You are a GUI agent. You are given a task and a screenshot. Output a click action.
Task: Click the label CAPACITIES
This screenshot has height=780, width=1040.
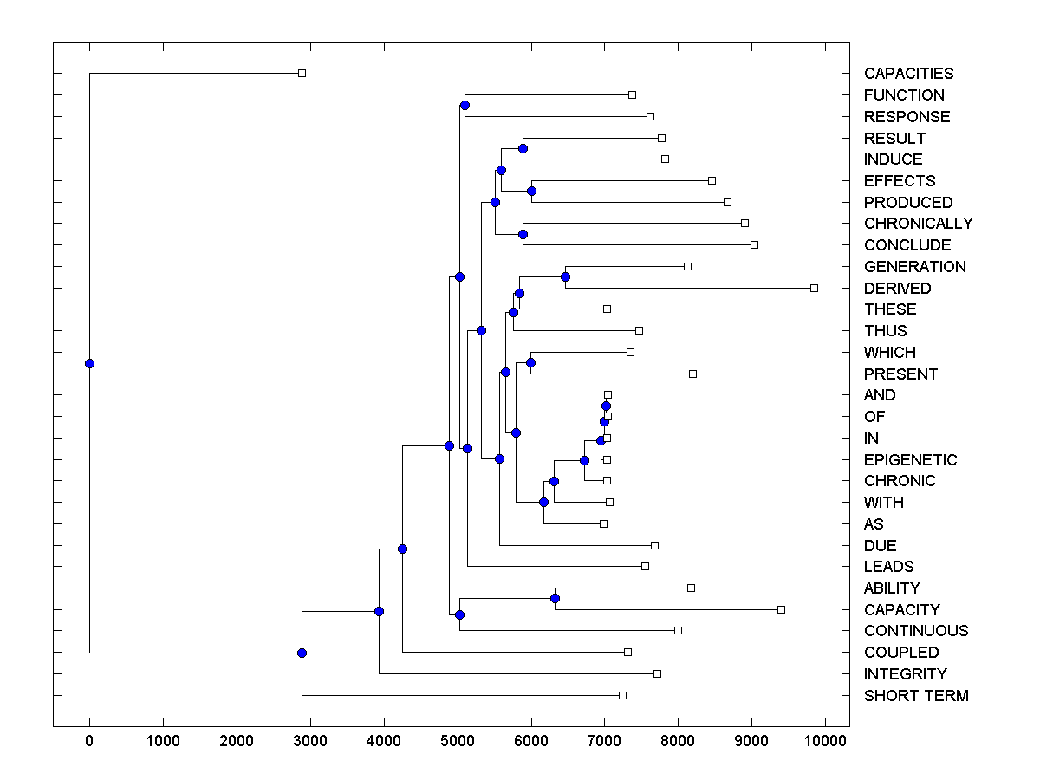pos(908,74)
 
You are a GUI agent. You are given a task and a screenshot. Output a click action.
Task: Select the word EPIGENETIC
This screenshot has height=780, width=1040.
pos(910,460)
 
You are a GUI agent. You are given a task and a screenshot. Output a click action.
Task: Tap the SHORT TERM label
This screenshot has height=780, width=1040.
pos(916,696)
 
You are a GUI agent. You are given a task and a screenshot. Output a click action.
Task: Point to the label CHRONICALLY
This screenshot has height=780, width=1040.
pos(918,224)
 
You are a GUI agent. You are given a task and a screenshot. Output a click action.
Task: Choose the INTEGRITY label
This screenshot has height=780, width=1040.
pos(905,674)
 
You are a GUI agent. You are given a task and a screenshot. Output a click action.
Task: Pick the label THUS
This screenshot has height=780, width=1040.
pos(885,331)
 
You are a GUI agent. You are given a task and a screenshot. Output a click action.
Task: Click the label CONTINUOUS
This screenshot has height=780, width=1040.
pos(916,631)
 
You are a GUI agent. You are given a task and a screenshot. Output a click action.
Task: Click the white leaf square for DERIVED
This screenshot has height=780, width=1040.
pos(814,288)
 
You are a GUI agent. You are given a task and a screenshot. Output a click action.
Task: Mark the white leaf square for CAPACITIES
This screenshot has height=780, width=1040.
pos(302,73)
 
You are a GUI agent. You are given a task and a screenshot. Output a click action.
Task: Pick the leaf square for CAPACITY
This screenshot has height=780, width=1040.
pos(781,609)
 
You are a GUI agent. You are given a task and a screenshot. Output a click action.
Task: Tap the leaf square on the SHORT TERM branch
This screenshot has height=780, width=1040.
pos(622,695)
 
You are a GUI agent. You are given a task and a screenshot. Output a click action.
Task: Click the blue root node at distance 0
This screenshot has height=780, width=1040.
pos(89,363)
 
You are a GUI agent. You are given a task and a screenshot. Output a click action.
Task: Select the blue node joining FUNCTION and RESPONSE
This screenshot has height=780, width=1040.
pos(465,105)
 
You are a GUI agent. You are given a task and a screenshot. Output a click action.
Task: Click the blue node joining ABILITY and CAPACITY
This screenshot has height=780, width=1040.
pos(555,598)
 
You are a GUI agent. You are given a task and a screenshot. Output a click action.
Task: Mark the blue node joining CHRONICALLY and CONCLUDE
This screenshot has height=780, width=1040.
pos(523,234)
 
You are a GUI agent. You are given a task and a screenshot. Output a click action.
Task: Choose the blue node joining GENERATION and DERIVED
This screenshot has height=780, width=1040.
pos(565,276)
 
